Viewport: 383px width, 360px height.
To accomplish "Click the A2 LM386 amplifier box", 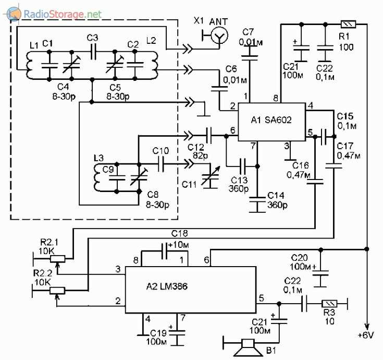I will [191, 289].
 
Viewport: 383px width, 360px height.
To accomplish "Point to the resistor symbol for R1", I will [348, 24].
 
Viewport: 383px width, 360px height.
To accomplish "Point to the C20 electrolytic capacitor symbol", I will [322, 272].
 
